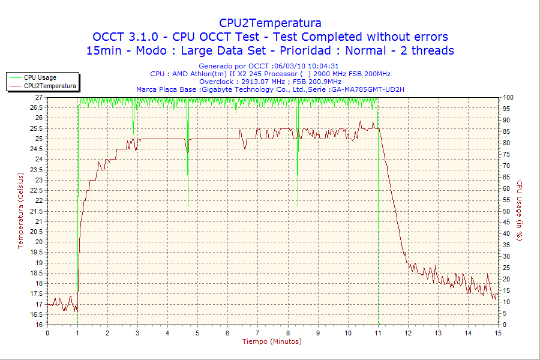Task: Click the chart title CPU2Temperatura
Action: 270,23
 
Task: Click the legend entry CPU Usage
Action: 40,77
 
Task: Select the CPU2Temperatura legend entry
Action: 50,86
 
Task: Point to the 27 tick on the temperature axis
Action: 39,97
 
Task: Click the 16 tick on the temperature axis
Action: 39,325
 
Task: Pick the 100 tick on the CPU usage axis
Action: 508,97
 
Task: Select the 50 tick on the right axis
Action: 507,211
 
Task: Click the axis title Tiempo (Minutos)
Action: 272,341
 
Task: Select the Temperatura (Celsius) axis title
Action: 21,210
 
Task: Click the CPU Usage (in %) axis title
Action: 520,210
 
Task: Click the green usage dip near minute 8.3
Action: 298,180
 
